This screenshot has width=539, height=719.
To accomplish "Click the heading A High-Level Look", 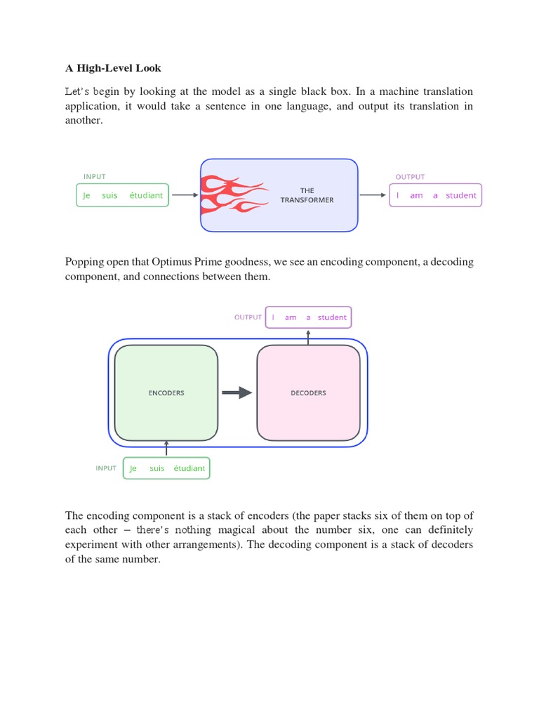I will pos(113,68).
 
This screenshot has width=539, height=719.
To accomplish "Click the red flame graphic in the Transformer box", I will pos(232,195).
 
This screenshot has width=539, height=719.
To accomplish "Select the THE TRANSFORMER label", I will pos(307,195).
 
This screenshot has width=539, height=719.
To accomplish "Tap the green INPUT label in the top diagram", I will pos(95,177).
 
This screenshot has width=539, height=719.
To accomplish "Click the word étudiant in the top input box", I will pos(146,196).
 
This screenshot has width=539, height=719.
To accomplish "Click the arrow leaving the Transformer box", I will pos(373,195).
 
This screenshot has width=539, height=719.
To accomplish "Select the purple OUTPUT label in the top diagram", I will pos(409,177).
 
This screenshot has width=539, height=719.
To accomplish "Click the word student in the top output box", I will pos(461,196).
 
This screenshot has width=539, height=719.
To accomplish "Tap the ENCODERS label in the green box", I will pos(166,393).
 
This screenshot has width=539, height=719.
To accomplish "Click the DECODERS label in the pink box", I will pos(308,393).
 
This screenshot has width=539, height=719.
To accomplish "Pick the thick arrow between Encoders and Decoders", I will pos(237,393).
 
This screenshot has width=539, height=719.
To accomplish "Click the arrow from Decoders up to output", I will pos(308,337).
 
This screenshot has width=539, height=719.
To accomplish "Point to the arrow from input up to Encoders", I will pos(166,449).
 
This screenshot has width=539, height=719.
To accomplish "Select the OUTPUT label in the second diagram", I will pos(248,317).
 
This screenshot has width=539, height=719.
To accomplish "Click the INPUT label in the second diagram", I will pos(107,468).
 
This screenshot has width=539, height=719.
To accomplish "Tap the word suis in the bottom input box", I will pos(157,468).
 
